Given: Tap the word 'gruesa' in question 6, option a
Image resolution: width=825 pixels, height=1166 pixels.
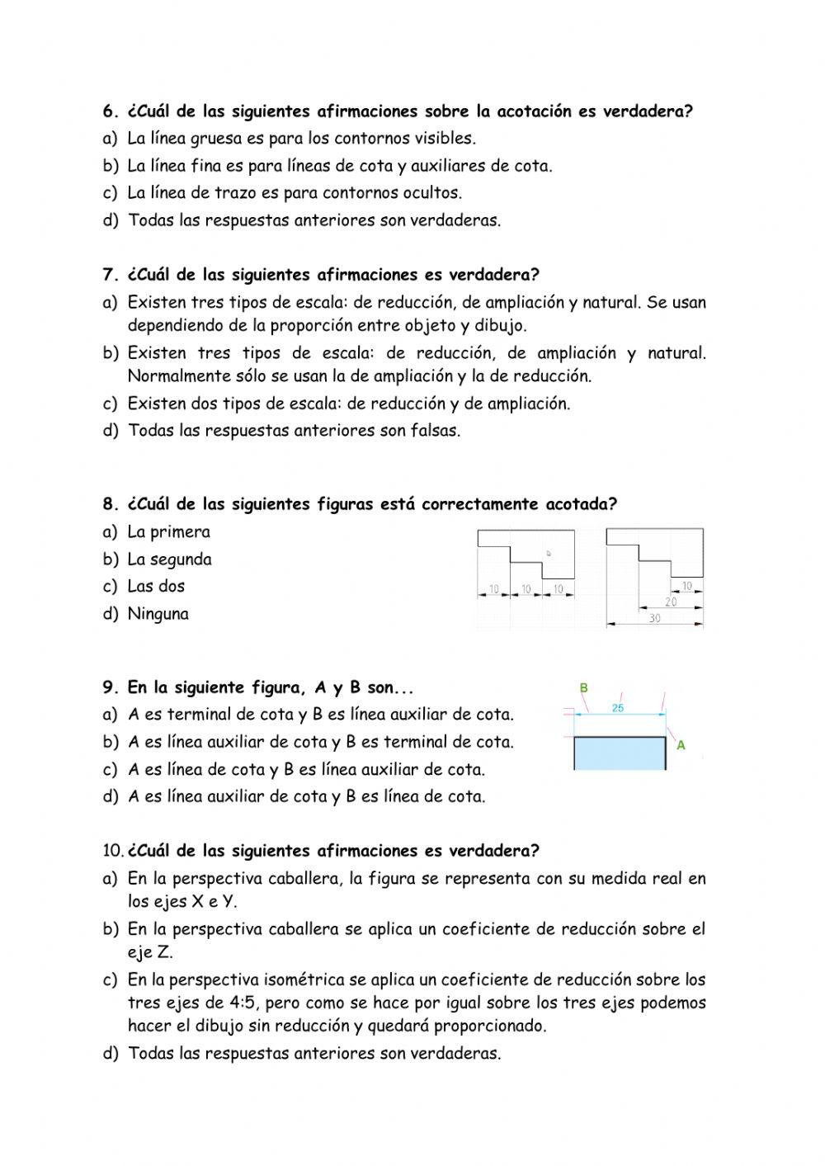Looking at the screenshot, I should coord(213,139).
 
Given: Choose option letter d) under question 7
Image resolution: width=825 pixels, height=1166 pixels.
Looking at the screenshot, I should coord(111,431).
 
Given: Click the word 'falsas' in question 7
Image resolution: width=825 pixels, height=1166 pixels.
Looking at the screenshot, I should coord(434,431).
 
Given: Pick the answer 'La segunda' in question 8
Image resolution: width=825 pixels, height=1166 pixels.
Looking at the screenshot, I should coord(169,559).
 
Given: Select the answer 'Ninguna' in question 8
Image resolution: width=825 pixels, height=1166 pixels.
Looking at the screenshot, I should coord(158,614).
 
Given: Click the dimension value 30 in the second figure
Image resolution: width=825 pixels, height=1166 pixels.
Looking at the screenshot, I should coord(654,618).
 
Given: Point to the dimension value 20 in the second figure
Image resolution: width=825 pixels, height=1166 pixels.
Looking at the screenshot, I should coord(670,602).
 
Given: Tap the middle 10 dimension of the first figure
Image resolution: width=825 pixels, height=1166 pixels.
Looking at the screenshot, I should coord(526,589).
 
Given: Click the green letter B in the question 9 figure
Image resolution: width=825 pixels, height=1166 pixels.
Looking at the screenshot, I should coord(584,687).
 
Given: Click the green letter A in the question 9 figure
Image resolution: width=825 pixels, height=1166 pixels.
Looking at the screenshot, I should coord(681,745).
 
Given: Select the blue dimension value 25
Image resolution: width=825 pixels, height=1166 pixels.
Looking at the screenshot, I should coord(618,708).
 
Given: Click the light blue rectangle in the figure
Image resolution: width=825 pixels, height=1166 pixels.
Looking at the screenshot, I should coord(619,753).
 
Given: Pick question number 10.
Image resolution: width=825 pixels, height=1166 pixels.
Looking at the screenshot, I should coord(113,851).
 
